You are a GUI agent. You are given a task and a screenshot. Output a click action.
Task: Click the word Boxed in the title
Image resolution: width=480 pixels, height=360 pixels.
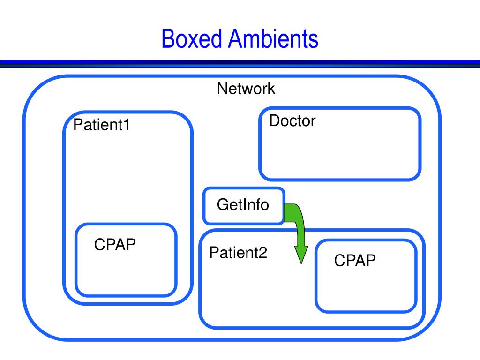[x=192, y=38]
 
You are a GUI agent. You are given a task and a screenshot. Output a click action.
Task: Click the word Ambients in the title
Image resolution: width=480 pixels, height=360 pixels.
[x=273, y=38]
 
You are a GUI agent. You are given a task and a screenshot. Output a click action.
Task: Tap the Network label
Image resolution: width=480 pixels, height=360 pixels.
[x=246, y=89]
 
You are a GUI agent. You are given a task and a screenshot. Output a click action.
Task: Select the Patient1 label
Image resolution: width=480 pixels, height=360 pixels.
[x=101, y=125]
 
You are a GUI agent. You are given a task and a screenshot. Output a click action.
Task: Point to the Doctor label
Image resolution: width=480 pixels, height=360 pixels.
[x=292, y=121]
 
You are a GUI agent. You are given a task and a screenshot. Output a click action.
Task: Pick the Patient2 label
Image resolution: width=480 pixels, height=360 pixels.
[x=238, y=253]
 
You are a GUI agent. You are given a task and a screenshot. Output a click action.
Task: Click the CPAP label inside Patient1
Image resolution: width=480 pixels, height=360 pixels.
[x=115, y=245]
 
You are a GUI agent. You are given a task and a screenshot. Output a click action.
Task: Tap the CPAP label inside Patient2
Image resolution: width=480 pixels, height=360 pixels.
[x=355, y=261]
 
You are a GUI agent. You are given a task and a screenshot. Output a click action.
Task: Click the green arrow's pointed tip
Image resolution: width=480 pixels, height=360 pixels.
[x=301, y=263]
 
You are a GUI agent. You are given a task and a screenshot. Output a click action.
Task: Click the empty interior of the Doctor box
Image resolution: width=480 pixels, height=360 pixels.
[x=340, y=153]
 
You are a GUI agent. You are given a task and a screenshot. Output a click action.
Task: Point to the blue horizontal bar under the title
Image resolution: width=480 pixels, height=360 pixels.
[x=240, y=64]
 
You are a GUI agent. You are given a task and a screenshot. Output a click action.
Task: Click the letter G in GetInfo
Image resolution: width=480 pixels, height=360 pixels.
[x=222, y=204]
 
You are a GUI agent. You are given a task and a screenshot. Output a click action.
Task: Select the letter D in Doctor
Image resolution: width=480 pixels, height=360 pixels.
[x=275, y=121]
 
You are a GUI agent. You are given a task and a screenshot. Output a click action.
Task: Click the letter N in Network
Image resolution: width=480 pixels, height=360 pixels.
[x=223, y=89]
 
